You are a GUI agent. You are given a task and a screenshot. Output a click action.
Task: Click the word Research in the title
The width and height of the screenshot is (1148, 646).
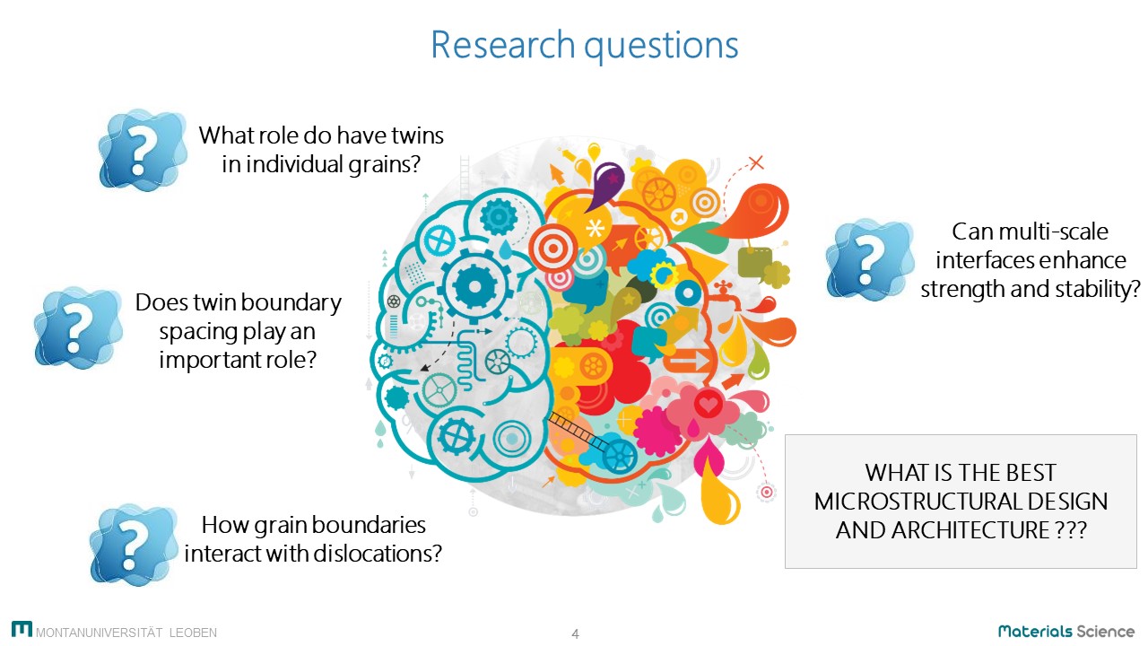pos(503,45)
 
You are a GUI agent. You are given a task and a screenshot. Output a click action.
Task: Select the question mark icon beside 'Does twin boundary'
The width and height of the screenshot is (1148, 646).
pos(78,327)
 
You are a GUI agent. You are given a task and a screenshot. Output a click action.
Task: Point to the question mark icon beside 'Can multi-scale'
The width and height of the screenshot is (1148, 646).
pos(870,259)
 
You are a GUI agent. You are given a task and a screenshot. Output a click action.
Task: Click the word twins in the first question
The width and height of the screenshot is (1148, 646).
pos(418,135)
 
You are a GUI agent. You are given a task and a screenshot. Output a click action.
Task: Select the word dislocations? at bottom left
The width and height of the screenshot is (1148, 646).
pos(378,554)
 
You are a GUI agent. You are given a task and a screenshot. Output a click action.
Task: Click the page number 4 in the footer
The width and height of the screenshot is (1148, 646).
pos(575,634)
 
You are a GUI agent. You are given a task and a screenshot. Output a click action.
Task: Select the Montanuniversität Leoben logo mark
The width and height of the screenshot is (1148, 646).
pos(22,629)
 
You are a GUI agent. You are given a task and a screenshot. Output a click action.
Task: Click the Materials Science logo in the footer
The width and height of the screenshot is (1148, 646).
pos(1066,631)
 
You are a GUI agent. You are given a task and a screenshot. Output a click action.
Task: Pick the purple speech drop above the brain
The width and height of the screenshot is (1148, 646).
pos(604,186)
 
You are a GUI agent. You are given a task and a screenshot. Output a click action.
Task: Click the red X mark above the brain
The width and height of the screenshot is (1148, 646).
pos(756,163)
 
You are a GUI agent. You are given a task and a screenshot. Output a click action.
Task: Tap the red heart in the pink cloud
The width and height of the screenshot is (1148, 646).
pos(709,406)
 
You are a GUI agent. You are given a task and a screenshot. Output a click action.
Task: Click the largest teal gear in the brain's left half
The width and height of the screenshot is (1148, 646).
pos(474,286)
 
